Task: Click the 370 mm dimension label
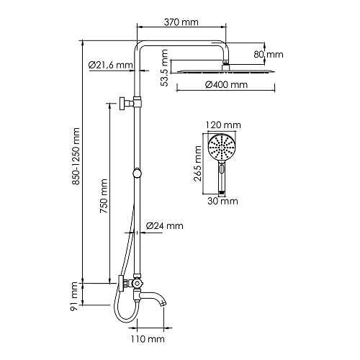(x=181, y=22)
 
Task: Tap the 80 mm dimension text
(x=269, y=55)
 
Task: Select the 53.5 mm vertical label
(x=164, y=68)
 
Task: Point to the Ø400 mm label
(x=226, y=85)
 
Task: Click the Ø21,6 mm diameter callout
(x=110, y=65)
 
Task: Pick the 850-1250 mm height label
(x=76, y=156)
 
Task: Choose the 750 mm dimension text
(x=104, y=196)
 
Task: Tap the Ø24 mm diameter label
(x=165, y=226)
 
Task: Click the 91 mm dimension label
(x=74, y=297)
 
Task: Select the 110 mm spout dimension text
(x=148, y=339)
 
